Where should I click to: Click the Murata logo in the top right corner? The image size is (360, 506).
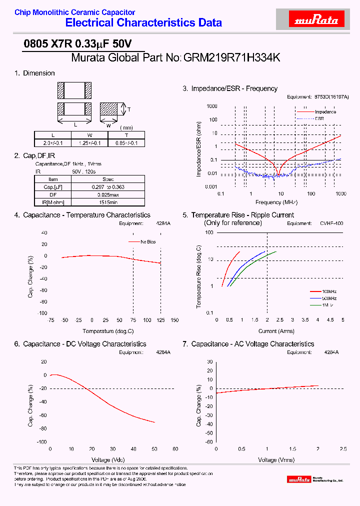pyautogui.click(x=316, y=20)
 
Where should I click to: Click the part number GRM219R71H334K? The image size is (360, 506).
pyautogui.click(x=232, y=57)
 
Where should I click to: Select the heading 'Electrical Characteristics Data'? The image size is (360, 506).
pyautogui.click(x=144, y=23)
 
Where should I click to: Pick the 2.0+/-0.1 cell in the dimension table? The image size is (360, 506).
pyautogui.click(x=53, y=143)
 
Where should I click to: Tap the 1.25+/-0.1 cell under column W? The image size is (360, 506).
pyautogui.click(x=90, y=143)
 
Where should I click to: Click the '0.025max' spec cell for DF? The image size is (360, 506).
pyautogui.click(x=108, y=194)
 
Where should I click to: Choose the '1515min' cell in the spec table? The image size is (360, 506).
pyautogui.click(x=108, y=202)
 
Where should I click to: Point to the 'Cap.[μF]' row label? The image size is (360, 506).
pyautogui.click(x=53, y=187)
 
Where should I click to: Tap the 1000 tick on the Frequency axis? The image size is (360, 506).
pyautogui.click(x=341, y=194)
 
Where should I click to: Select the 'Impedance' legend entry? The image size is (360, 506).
pyautogui.click(x=325, y=112)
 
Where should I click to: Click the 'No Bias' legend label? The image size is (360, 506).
pyautogui.click(x=148, y=241)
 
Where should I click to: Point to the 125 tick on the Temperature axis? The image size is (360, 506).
pyautogui.click(x=160, y=320)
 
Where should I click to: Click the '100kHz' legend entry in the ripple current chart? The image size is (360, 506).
pyautogui.click(x=328, y=291)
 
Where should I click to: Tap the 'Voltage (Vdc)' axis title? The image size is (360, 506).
pyautogui.click(x=108, y=459)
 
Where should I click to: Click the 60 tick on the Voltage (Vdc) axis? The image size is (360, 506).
pyautogui.click(x=174, y=449)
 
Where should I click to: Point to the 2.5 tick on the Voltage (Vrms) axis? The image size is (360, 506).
pyautogui.click(x=343, y=449)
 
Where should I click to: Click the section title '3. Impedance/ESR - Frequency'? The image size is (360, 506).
pyautogui.click(x=230, y=88)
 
